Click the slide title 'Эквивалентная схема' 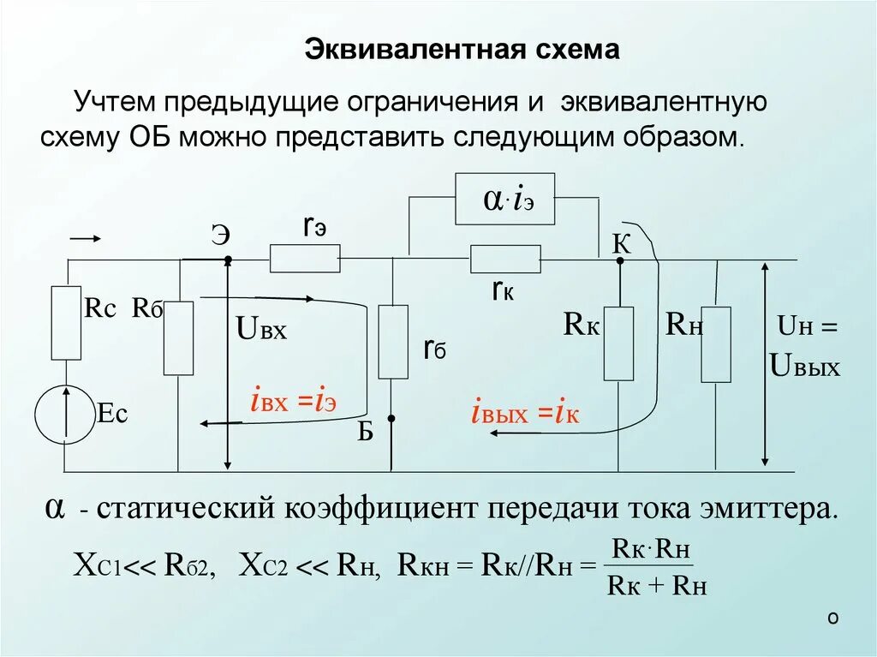pos(462,50)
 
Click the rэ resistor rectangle pos(305,258)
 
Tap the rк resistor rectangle pos(505,259)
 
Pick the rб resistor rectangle pos(393,342)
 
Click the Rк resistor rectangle pos(618,343)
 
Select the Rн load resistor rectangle pos(716,344)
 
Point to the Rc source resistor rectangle pos(66,323)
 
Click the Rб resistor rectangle pos(178,338)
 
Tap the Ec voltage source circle pos(64,415)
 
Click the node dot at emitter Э pos(228,260)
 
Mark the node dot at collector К pos(619,260)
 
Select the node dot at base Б pos(391,419)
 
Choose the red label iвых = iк pos(525,414)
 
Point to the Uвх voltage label pos(260,327)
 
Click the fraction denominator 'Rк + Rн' pos(656,586)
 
